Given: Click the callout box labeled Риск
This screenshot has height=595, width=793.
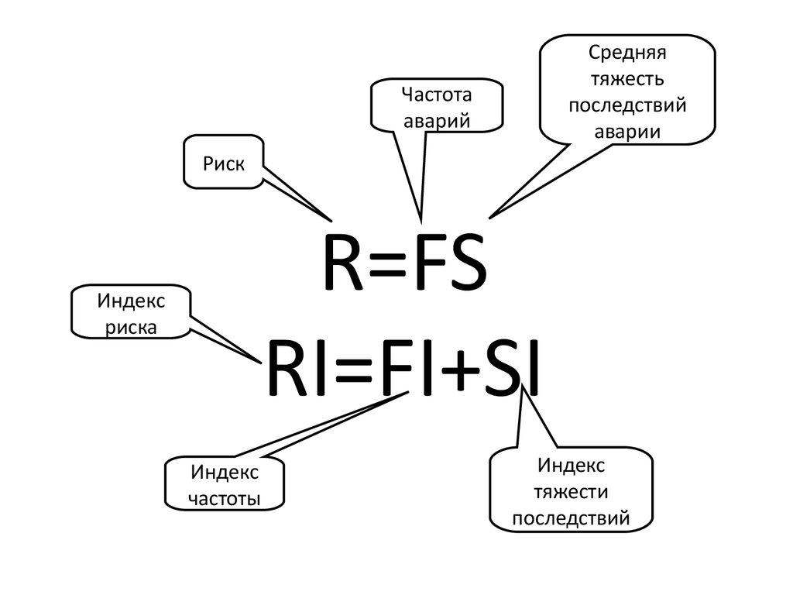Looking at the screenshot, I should [x=224, y=163].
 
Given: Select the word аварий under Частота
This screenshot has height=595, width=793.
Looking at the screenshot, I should [x=437, y=120].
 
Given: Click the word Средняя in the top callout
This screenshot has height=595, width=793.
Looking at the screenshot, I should [x=627, y=53].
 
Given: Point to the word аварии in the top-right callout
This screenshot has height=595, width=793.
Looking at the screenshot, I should [x=627, y=131].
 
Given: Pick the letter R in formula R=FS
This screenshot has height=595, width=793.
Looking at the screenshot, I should [x=342, y=263].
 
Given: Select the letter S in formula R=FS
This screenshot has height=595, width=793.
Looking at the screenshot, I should [x=468, y=263].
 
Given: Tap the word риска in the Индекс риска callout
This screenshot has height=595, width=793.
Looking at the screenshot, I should [x=131, y=326].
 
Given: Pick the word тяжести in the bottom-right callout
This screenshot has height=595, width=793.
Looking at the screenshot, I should [x=572, y=492].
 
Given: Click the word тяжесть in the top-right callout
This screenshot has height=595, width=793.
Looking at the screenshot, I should [x=627, y=79].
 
